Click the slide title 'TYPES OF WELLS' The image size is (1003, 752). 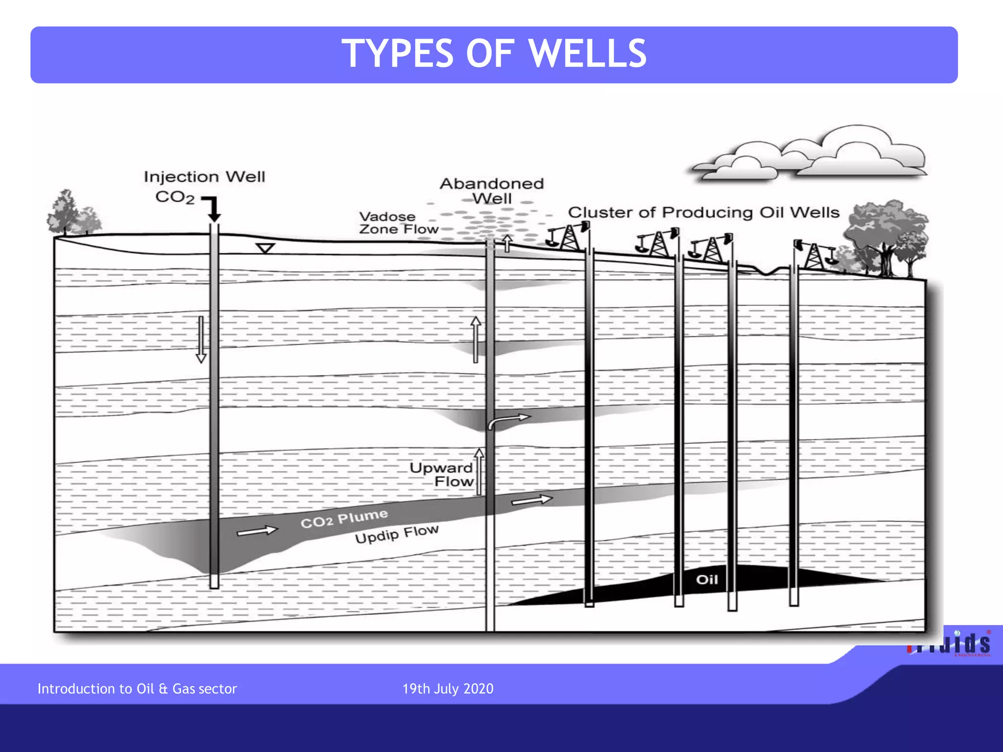click(x=494, y=54)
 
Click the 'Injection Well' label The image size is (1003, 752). click(x=204, y=177)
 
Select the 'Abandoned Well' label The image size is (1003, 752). click(x=492, y=191)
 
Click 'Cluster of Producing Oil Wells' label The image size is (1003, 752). click(x=703, y=212)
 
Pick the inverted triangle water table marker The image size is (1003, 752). click(x=265, y=248)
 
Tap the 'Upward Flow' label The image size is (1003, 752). click(x=442, y=474)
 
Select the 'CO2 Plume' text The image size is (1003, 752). click(x=344, y=518)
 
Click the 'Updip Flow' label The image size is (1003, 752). click(x=396, y=534)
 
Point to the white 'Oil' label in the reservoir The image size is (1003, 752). click(x=707, y=580)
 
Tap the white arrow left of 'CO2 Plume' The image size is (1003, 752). click(x=257, y=531)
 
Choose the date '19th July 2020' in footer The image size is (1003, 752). click(x=448, y=689)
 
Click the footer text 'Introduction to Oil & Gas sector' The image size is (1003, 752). click(x=137, y=689)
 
